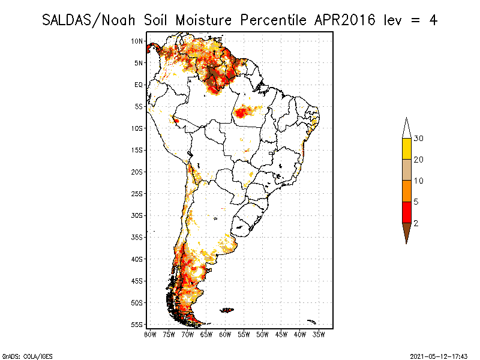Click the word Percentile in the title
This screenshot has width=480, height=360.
[x=273, y=19]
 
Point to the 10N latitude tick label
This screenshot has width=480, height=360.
[x=137, y=41]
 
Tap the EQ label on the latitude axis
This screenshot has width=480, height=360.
[x=138, y=85]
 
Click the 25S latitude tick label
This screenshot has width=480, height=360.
[x=137, y=193]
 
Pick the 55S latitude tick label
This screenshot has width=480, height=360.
[x=137, y=324]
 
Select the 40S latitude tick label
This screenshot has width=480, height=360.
[x=137, y=259]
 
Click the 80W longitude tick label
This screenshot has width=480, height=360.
[x=150, y=334]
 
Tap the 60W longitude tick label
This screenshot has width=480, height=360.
[x=225, y=334]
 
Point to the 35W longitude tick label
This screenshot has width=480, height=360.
[x=319, y=334]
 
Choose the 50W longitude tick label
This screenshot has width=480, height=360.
[x=262, y=334]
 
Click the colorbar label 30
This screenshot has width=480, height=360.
[x=419, y=139]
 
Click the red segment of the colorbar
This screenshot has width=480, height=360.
[x=406, y=212]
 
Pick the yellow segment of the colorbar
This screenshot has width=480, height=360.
[x=406, y=149]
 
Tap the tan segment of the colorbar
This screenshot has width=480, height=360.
[x=406, y=170]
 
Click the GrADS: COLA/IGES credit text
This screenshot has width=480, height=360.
[x=20, y=355]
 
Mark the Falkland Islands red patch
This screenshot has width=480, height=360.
[x=227, y=310]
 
